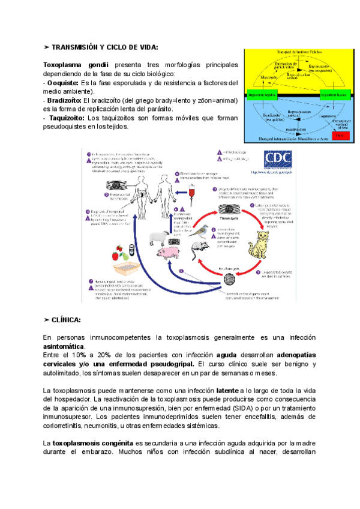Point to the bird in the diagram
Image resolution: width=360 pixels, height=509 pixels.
click(x=199, y=231)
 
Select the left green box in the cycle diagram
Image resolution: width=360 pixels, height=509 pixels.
click(x=262, y=95)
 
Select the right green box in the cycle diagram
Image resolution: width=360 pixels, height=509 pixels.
click(x=334, y=95)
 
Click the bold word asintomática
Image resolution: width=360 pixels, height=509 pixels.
click(x=64, y=346)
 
